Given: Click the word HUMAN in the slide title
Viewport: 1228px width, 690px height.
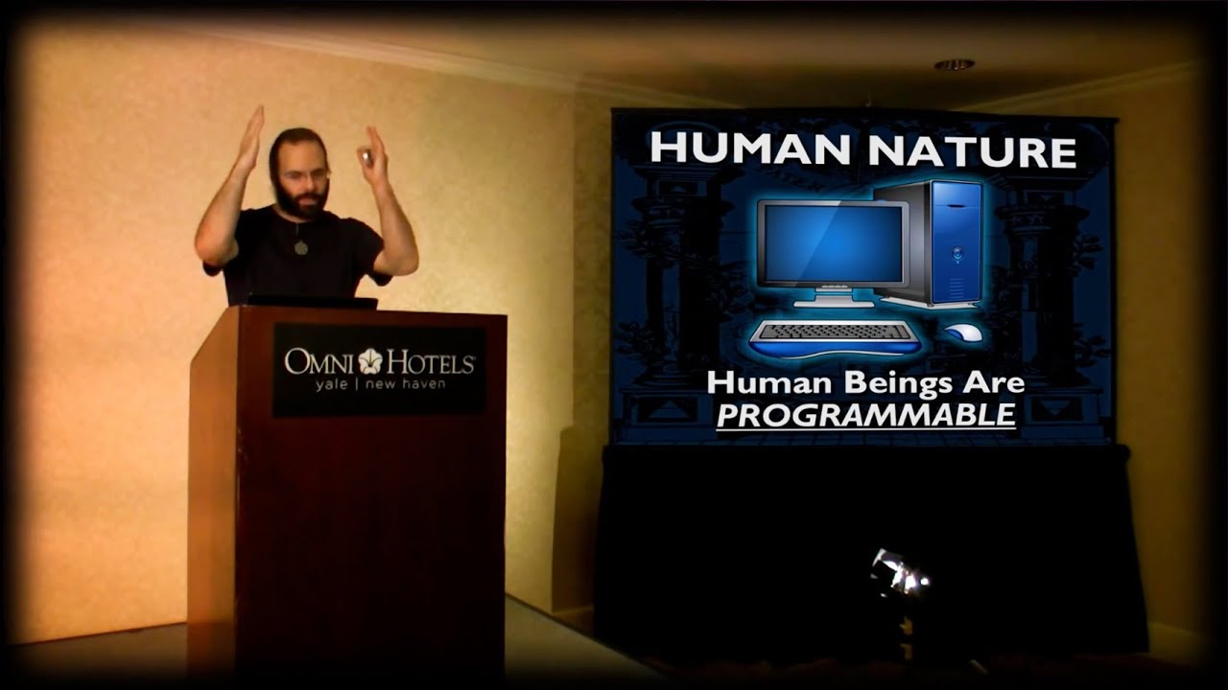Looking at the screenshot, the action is (750, 148).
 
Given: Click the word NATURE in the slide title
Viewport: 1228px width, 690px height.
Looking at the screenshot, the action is (973, 151).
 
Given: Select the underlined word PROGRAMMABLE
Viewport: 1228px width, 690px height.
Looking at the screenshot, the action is (866, 415).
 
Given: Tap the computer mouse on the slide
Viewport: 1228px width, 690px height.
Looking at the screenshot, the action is (963, 333).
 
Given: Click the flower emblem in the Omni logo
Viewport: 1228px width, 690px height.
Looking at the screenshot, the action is (371, 361).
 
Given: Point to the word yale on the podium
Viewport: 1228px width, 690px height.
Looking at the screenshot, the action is (331, 384).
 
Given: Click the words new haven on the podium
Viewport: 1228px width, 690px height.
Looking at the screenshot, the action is (406, 384).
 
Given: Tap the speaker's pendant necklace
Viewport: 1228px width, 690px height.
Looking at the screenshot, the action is (300, 247).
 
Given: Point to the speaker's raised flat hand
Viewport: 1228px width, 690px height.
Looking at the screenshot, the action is (251, 137).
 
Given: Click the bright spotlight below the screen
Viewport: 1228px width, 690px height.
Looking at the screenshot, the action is (899, 573).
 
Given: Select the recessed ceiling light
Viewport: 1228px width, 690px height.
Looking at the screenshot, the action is (955, 65).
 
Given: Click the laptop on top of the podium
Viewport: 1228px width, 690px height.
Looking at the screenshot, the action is (312, 302).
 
